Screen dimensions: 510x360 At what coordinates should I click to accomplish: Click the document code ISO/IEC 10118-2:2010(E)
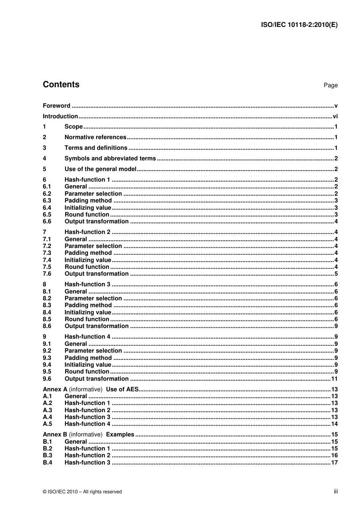tap(299, 25)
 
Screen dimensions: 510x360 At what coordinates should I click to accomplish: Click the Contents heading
tap(61, 85)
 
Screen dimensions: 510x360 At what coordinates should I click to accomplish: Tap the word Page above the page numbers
tap(330, 85)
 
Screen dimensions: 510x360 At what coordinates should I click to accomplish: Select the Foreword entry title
tap(56, 106)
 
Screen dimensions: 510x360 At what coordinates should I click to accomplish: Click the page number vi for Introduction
tap(335, 116)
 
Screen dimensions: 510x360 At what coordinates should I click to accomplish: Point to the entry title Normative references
tap(95, 137)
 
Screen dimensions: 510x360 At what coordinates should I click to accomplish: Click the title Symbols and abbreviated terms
tap(110, 158)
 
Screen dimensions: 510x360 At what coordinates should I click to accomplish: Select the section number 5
tap(44, 169)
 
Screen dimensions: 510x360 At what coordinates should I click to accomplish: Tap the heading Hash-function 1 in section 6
tap(87, 180)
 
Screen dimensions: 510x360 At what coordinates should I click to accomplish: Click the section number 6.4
tap(47, 208)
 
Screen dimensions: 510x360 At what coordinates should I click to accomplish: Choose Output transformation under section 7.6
tap(96, 274)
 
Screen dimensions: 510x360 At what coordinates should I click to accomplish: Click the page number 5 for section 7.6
tap(336, 274)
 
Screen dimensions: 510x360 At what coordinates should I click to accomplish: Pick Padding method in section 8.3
tap(88, 305)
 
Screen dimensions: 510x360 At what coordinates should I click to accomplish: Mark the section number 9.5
tap(47, 372)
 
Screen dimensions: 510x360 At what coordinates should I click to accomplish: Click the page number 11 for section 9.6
tap(334, 379)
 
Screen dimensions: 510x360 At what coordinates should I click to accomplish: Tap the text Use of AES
tap(122, 389)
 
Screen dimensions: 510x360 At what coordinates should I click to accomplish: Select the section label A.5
tap(47, 424)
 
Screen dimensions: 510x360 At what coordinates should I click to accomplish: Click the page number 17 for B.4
tap(334, 463)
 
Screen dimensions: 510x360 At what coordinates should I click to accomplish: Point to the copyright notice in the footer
tap(82, 492)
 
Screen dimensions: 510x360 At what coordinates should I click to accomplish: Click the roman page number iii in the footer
tap(336, 491)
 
